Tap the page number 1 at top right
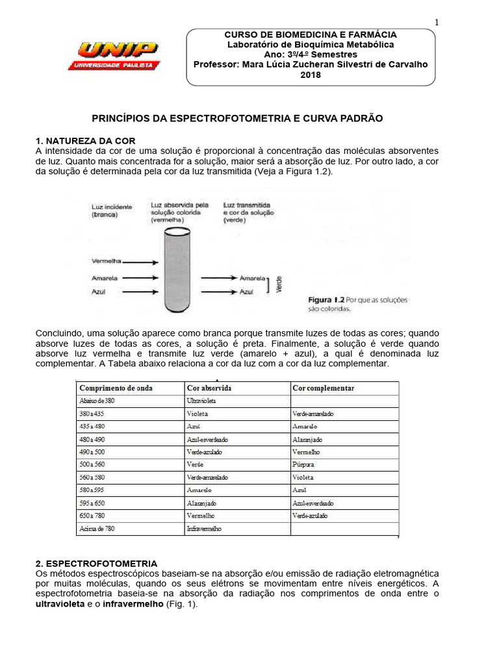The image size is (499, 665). pos(437,22)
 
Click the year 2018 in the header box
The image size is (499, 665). pos(310,75)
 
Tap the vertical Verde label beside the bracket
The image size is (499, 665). pos(279,285)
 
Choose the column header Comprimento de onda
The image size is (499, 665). pos(116,388)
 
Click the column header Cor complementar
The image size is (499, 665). pos(323,388)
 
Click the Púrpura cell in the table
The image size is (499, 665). pos(303,465)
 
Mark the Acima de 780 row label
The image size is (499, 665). pos(96,529)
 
